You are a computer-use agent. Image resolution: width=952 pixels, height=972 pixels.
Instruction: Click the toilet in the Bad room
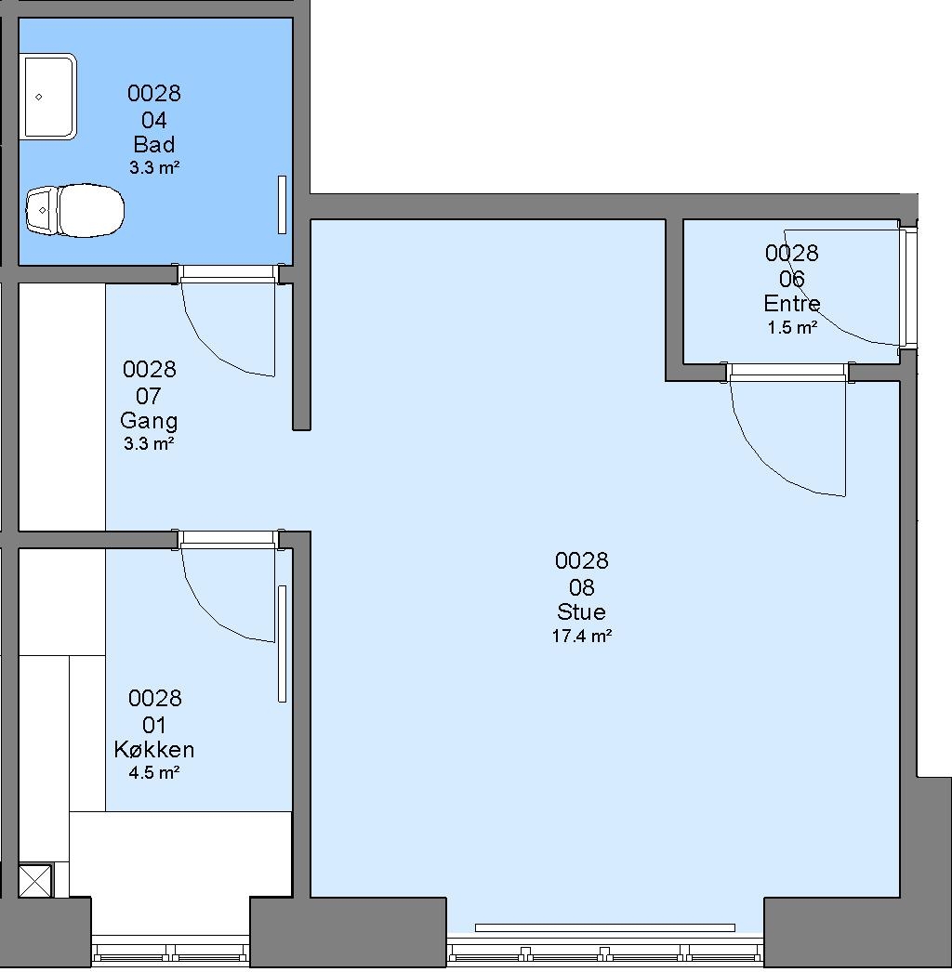coord(74,210)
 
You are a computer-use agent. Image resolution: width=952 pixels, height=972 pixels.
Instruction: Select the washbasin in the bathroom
coord(48,97)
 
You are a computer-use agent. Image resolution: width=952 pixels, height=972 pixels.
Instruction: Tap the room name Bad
coord(154,144)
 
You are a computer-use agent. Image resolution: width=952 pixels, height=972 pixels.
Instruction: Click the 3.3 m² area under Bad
coord(154,167)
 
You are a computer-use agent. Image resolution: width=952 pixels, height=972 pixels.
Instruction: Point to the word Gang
coord(149,421)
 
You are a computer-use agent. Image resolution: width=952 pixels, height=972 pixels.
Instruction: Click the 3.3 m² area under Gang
coord(149,444)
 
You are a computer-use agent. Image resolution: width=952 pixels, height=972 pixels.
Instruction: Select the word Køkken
coord(154,750)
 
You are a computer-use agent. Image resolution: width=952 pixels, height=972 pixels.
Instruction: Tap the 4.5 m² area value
coord(154,772)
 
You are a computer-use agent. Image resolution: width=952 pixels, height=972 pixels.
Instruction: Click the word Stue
coord(581,611)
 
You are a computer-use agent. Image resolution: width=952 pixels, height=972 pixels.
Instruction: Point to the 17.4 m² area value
coord(582,636)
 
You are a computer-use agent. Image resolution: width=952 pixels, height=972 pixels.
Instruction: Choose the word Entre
coord(792,303)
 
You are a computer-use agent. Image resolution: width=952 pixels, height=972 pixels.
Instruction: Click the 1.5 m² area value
coord(792,327)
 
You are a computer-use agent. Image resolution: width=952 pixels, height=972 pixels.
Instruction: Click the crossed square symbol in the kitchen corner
coord(35,881)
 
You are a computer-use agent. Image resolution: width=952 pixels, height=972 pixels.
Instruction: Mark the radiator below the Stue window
coord(604,928)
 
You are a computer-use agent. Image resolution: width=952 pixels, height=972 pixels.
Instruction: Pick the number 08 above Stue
coord(582,586)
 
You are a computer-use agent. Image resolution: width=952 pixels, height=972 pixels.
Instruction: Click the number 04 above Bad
coord(154,119)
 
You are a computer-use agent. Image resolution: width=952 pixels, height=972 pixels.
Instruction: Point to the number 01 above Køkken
coord(154,724)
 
